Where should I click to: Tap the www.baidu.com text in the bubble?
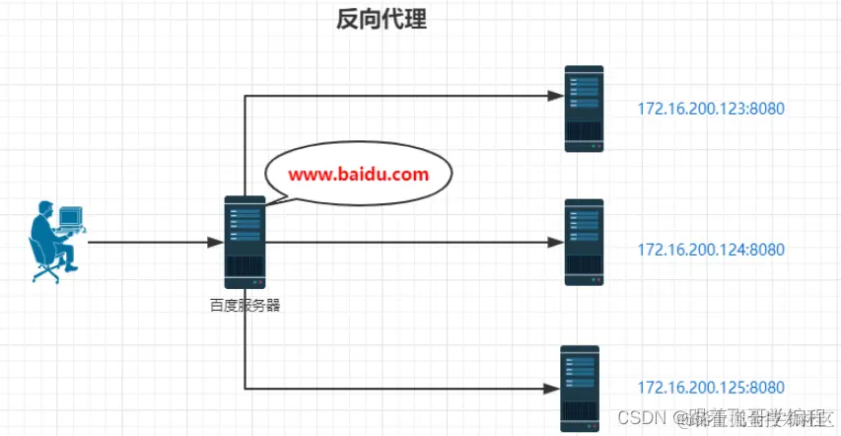point(359,175)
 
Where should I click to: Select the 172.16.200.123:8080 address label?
point(711,109)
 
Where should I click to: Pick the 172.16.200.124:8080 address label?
point(711,250)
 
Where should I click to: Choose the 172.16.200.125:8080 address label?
point(711,387)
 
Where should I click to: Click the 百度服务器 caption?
point(245,306)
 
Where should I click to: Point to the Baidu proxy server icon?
point(245,242)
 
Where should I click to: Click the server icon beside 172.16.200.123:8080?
point(584,109)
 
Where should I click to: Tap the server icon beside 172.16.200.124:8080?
point(584,243)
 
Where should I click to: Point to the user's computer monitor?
point(71,217)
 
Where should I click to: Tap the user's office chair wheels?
point(45,275)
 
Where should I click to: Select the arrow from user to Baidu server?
point(148,242)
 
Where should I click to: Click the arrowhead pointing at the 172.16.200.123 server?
point(555,96)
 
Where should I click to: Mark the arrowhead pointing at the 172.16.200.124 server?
point(555,242)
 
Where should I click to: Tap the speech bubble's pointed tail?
point(275,198)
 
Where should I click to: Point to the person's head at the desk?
point(45,208)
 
